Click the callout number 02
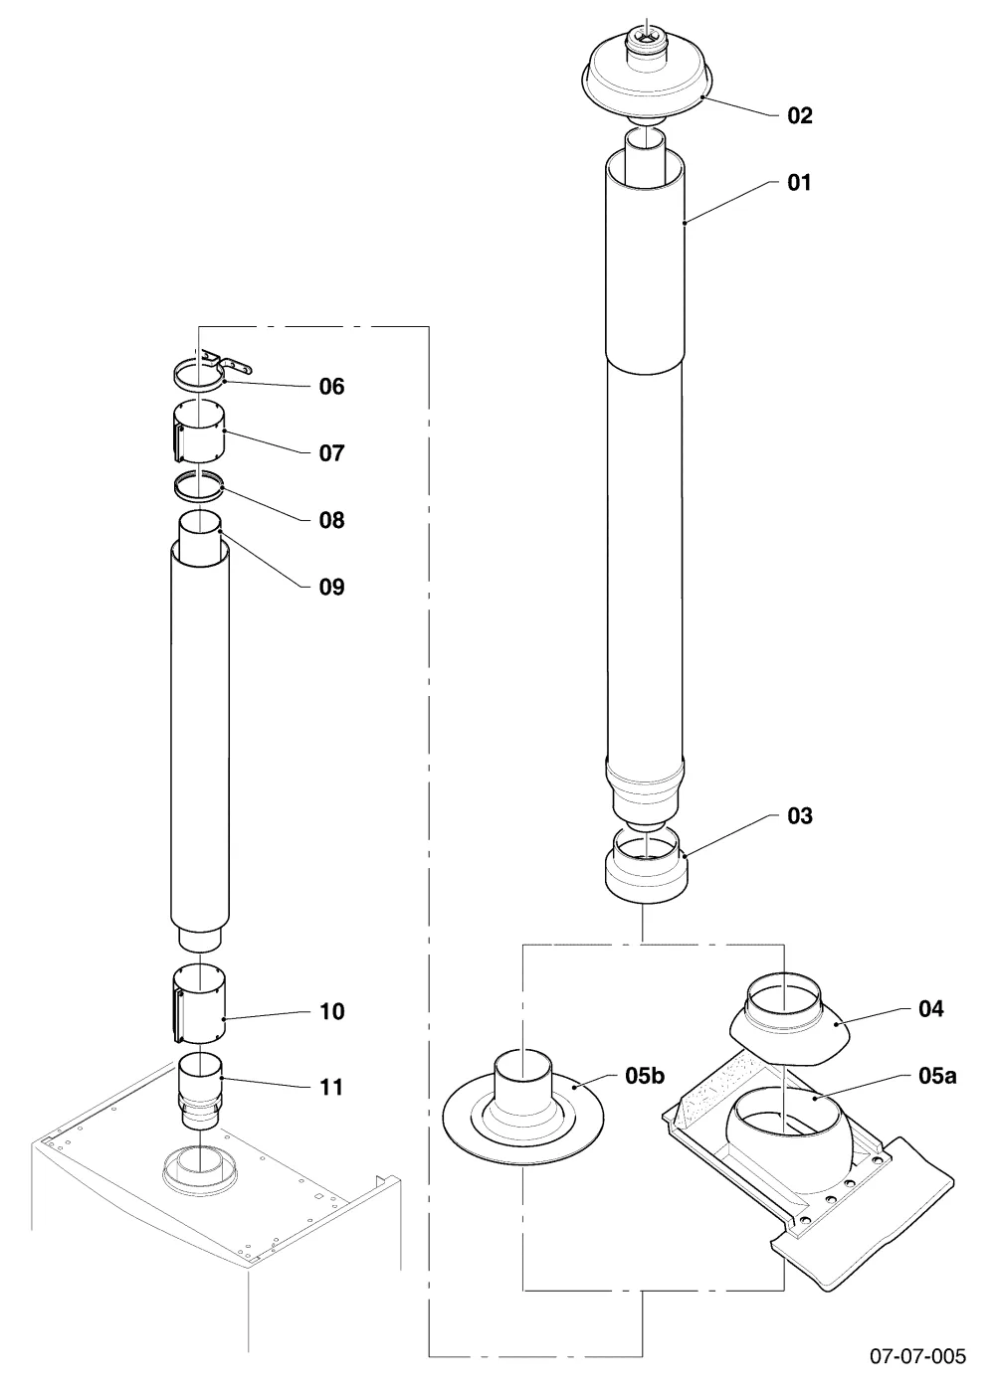[x=800, y=116]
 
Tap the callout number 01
[x=799, y=183]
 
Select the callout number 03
[x=800, y=816]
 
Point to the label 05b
[x=645, y=1075]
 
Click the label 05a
[x=937, y=1075]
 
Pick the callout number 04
[x=931, y=1008]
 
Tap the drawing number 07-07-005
[x=917, y=1355]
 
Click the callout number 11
[x=330, y=1087]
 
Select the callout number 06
[x=331, y=387]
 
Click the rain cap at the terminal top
[x=648, y=74]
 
